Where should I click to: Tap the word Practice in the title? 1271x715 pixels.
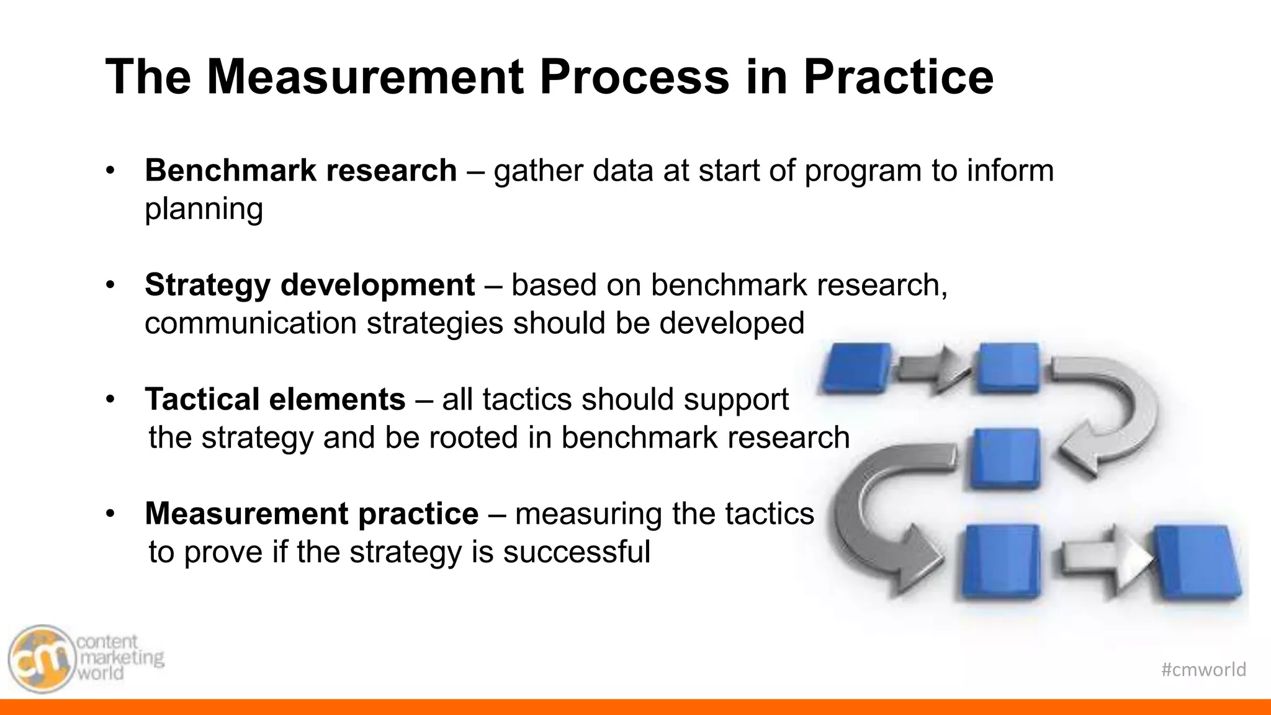pos(898,77)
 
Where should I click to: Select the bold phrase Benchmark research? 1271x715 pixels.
pos(300,171)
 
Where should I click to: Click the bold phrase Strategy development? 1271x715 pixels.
pos(309,286)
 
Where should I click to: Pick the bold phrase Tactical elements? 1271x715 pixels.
pos(275,400)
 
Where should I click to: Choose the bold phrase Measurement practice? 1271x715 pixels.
pos(312,514)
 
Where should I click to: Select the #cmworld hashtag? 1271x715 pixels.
pos(1203,670)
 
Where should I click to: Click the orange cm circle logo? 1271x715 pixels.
pos(41,659)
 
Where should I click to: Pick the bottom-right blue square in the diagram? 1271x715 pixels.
pos(1198,562)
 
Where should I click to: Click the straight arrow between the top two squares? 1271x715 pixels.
pos(933,371)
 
